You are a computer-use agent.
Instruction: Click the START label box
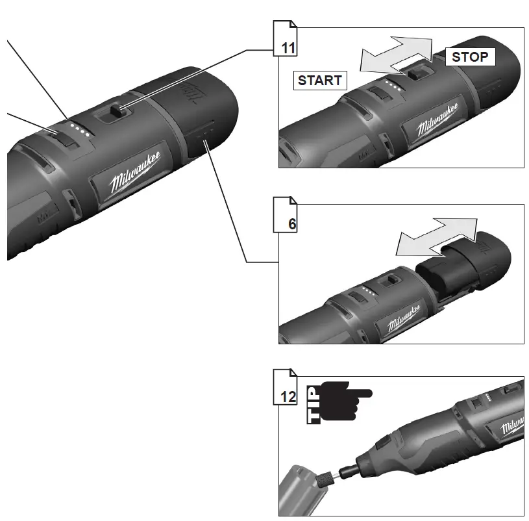[319, 81]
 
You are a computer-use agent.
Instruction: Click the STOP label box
[469, 57]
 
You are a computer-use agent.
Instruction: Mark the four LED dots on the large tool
[80, 129]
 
